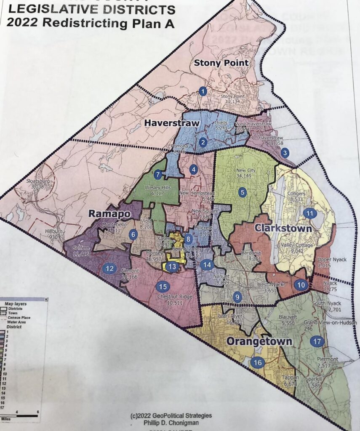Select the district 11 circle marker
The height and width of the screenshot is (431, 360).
tap(309, 213)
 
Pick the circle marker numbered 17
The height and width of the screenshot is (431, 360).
tap(318, 341)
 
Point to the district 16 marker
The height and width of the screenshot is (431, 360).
tap(257, 362)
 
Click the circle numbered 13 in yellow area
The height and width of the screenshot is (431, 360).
tap(171, 266)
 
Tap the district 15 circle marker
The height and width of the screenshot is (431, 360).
tap(163, 287)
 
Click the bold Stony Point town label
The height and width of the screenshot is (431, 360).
tap(221, 63)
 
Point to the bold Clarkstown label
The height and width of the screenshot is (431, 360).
tap(283, 229)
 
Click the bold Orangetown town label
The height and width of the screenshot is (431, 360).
tap(259, 341)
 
